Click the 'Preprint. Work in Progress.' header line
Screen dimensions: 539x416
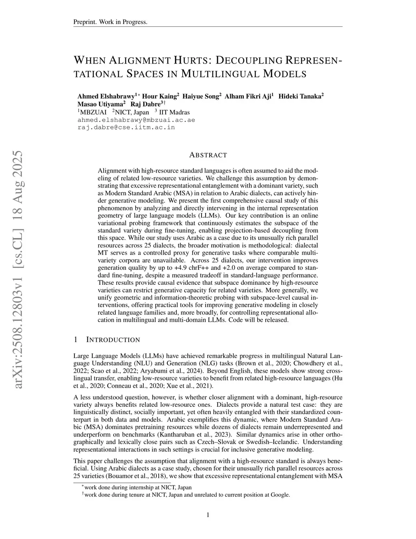click(x=110, y=22)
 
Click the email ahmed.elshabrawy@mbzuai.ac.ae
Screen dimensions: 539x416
click(x=136, y=120)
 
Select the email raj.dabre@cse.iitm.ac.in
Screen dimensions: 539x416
click(x=126, y=127)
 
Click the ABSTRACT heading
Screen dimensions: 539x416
click(x=208, y=155)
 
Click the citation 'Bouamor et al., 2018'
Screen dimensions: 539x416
click(x=136, y=476)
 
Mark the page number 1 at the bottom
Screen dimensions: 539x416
click(x=208, y=515)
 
